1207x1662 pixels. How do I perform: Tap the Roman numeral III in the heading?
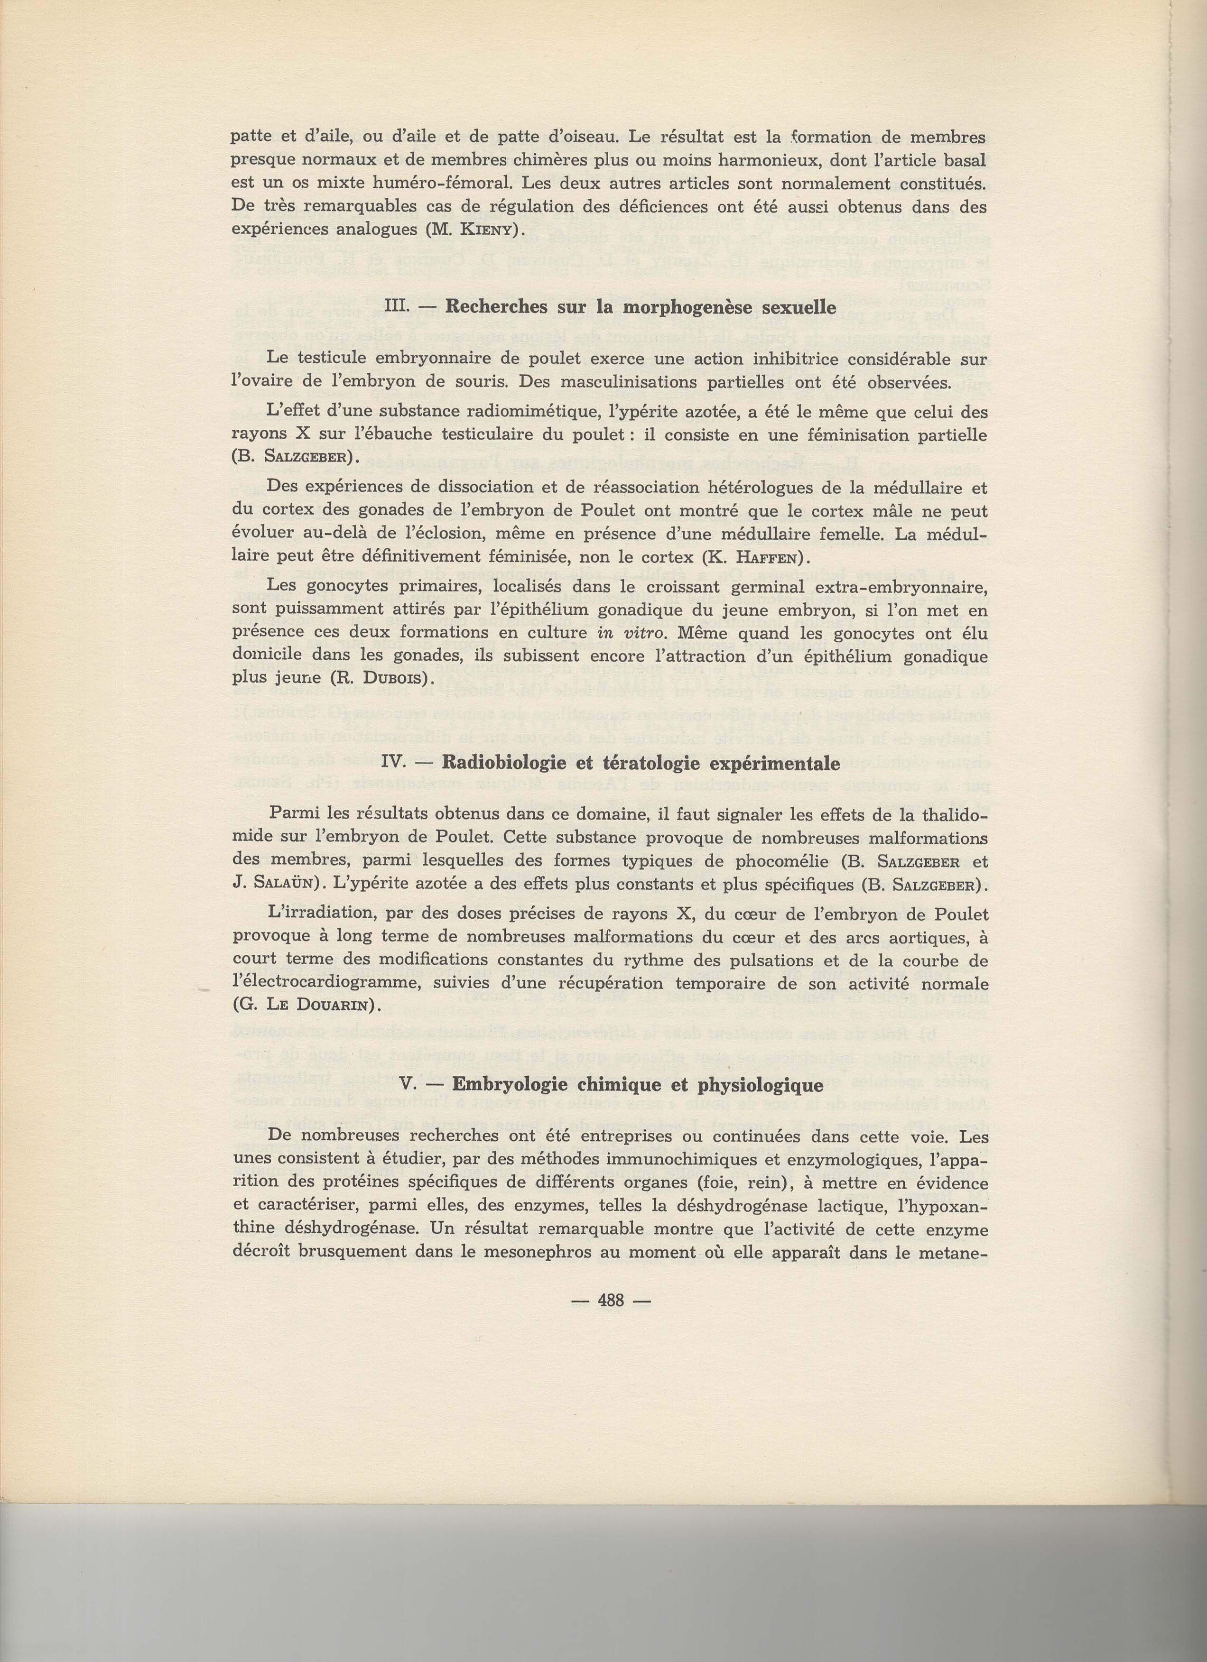397,307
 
